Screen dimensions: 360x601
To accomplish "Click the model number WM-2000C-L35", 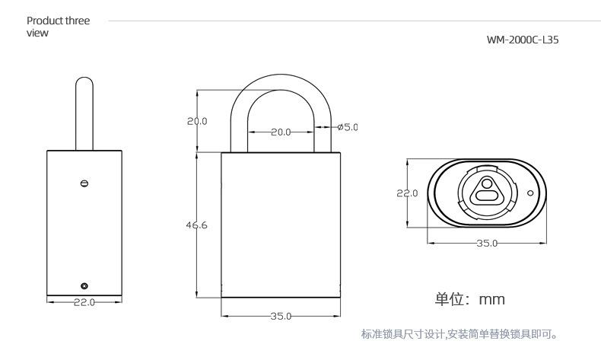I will pyautogui.click(x=522, y=40).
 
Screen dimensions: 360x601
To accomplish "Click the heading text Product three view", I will pyautogui.click(x=58, y=27).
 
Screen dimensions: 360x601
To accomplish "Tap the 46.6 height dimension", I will pyautogui.click(x=197, y=225).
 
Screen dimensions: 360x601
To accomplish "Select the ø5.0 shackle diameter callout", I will pyautogui.click(x=347, y=127).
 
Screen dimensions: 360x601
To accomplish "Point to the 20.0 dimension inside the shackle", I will pyautogui.click(x=281, y=132).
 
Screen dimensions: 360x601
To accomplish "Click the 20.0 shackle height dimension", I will pyautogui.click(x=197, y=121).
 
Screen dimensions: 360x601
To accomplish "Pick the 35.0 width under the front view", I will pyautogui.click(x=281, y=317).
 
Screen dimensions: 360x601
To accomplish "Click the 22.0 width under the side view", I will pyautogui.click(x=84, y=302).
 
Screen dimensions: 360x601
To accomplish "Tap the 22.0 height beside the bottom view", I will pyautogui.click(x=407, y=193).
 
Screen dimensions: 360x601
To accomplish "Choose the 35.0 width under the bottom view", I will pyautogui.click(x=487, y=244).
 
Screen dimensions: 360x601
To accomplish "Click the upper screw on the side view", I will pyautogui.click(x=84, y=183).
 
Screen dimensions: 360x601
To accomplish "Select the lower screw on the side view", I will pyautogui.click(x=84, y=285).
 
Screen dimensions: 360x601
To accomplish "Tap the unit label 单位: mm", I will pyautogui.click(x=469, y=299).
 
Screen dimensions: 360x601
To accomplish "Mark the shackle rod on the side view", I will pyautogui.click(x=84, y=114).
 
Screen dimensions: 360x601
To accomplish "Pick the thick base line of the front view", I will pyautogui.click(x=281, y=297).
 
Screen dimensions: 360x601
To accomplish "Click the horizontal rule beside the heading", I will pyautogui.click(x=350, y=21).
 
